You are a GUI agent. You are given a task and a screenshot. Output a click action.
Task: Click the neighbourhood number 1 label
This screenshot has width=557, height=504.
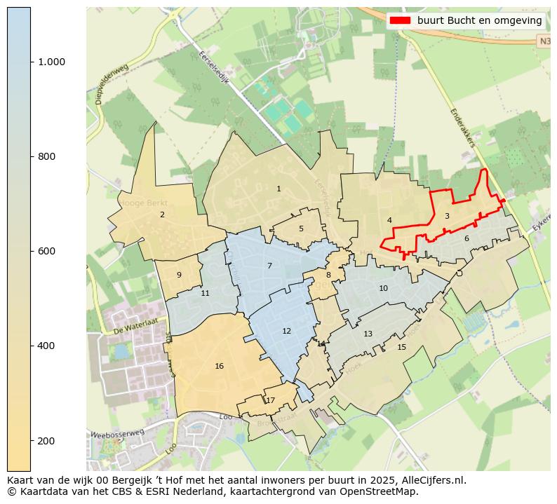278,189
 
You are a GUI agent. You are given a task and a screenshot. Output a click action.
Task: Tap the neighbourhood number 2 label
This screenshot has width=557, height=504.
162,214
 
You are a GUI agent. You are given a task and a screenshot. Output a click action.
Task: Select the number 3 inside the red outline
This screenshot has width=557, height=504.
447,216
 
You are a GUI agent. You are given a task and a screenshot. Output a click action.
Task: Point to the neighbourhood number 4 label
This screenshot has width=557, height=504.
389,220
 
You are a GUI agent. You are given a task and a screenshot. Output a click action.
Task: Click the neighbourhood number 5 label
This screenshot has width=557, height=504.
301,229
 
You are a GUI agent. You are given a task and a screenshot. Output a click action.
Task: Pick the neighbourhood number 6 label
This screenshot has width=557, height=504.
467,238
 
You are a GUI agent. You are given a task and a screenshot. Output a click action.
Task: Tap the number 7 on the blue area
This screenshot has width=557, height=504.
269,266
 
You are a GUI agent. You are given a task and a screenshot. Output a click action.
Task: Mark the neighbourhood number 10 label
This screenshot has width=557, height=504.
383,288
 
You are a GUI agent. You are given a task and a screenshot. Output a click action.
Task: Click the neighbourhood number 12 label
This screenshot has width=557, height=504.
286,331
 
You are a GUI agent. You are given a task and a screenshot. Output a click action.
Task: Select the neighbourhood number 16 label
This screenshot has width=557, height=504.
220,366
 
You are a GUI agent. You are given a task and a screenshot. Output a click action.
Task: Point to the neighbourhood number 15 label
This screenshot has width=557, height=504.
401,347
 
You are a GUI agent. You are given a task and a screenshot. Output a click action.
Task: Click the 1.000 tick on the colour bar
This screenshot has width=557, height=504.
51,62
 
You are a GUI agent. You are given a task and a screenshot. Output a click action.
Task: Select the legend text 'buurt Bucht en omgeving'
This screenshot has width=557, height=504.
479,20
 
